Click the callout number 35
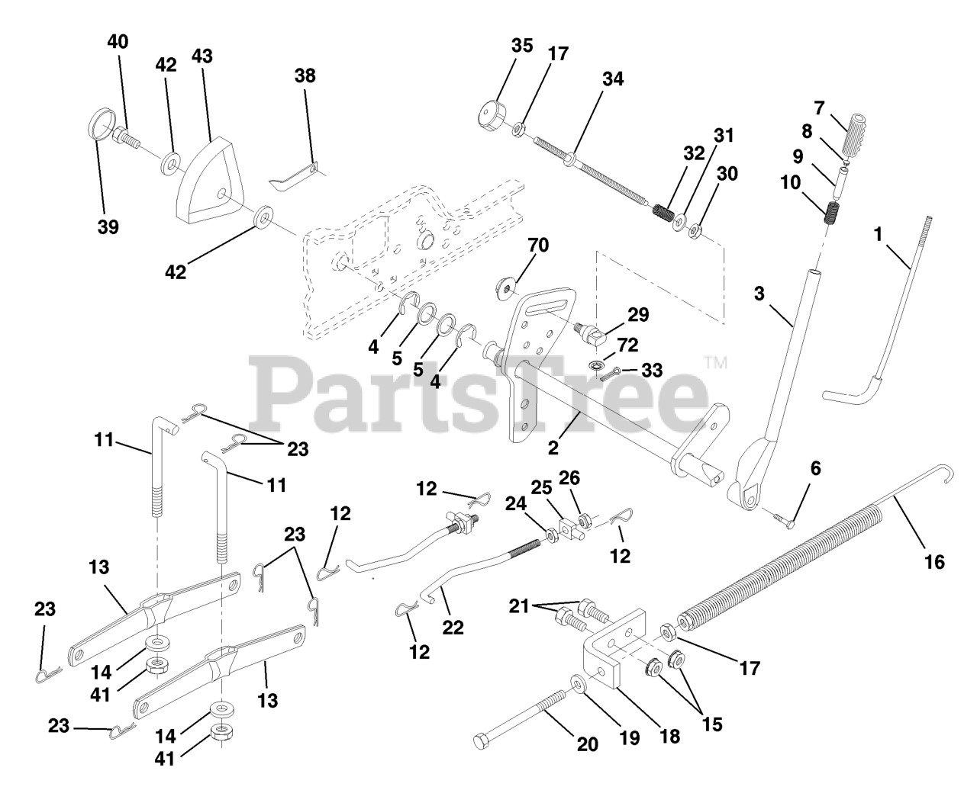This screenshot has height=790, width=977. click(x=522, y=46)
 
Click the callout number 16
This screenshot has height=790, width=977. click(x=934, y=563)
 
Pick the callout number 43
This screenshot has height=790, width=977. click(x=202, y=56)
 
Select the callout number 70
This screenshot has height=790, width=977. click(x=539, y=246)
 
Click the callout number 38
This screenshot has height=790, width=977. click(x=305, y=76)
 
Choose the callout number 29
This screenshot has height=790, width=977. click(x=637, y=314)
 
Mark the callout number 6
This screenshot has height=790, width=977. click(x=815, y=469)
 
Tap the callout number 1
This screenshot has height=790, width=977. click(x=878, y=235)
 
